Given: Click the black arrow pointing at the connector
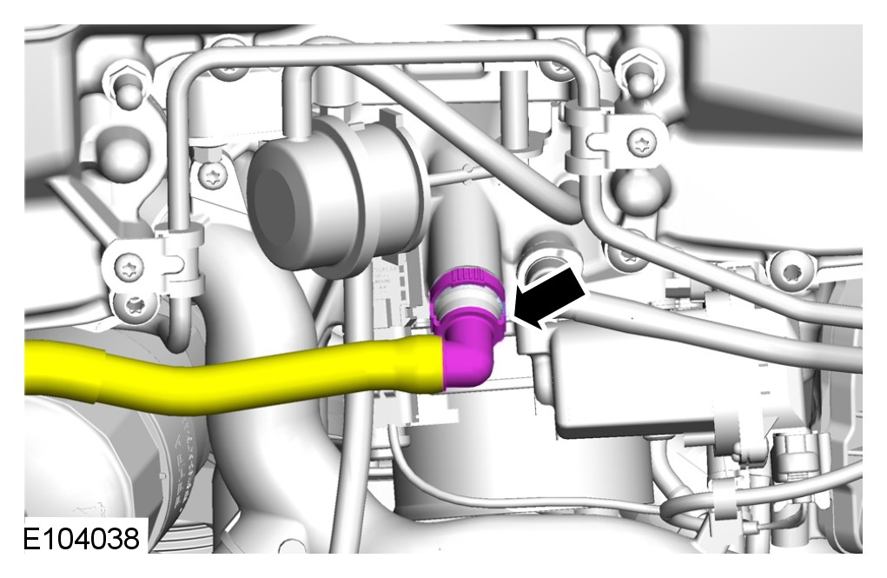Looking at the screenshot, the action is click(549, 298).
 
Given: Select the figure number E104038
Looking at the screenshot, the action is click(81, 538).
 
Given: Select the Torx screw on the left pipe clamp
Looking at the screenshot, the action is click(129, 267).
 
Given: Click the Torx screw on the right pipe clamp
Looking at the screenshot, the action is click(643, 141).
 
